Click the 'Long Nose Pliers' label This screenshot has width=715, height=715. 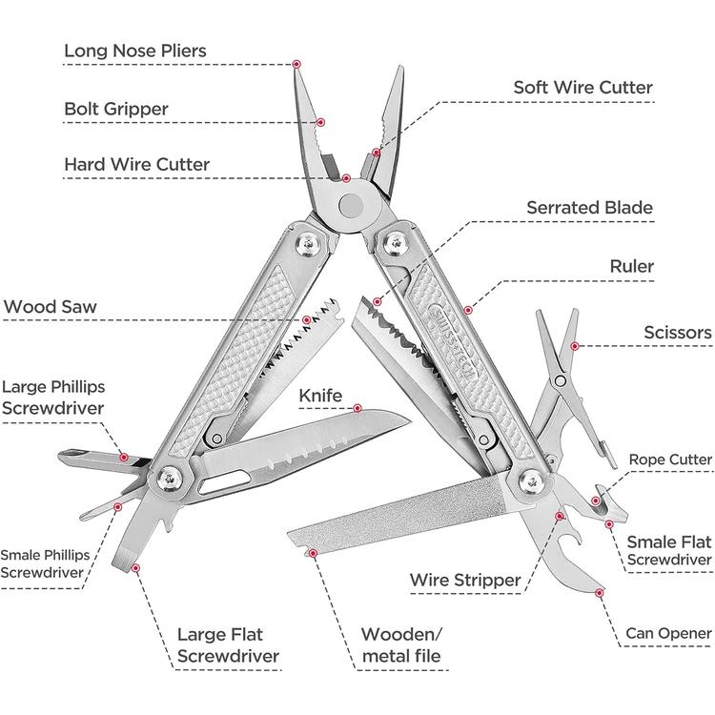click(x=135, y=51)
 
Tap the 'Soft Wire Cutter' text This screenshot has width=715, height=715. click(x=582, y=88)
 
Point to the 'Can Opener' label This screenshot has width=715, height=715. click(x=668, y=633)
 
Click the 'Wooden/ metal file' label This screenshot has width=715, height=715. click(x=400, y=645)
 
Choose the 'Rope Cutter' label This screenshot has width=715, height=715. click(x=670, y=460)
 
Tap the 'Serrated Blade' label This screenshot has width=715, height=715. click(x=590, y=208)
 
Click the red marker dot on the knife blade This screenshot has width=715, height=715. click(x=358, y=408)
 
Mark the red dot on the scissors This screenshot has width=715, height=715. click(x=573, y=346)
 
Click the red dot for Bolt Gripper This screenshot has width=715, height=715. click(x=321, y=122)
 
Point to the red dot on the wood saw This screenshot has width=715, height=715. click(x=307, y=320)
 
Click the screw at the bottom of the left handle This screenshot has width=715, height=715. click(x=171, y=480)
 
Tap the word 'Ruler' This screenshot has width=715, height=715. click(x=631, y=267)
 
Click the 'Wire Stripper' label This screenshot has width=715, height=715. click(x=465, y=580)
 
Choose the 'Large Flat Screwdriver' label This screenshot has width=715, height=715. click(x=229, y=645)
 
